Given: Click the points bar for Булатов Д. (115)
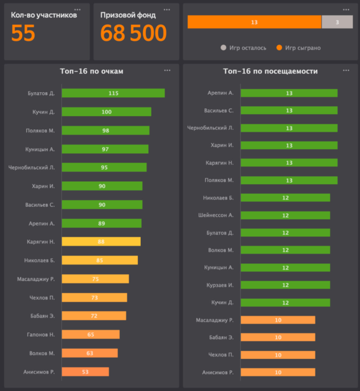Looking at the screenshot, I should tap(113, 93).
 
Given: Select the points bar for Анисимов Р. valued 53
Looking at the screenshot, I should tap(85, 372).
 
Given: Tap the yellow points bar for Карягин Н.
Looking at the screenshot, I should tap(101, 242).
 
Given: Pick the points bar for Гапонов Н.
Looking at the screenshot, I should tap(91, 335).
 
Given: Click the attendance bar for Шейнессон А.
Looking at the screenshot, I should tap(285, 215).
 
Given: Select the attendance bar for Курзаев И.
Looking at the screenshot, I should tap(285, 285).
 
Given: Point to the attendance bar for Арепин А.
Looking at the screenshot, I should tap(289, 93).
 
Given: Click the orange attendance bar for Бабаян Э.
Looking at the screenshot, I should tap(278, 337).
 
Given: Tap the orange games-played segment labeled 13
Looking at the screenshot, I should tap(254, 22).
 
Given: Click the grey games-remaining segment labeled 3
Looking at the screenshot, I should tap(337, 22).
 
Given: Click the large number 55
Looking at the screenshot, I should tap(23, 34).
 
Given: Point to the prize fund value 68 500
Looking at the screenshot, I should tap(133, 34).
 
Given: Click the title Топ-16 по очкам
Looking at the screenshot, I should tap(92, 71).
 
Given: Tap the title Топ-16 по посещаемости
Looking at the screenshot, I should tap(270, 71).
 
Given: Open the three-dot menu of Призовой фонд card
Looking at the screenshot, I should tap(167, 10).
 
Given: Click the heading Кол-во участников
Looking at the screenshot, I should tap(44, 15).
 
